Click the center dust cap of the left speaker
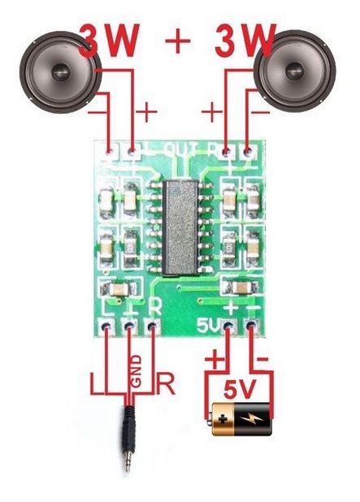[60, 72]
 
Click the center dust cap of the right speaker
[294, 71]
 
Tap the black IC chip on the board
[180, 227]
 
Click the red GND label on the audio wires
[137, 370]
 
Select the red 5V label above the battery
[240, 389]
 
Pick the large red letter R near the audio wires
[166, 383]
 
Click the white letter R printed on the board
[155, 307]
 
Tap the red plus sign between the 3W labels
[178, 41]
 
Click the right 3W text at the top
[245, 40]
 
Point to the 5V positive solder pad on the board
[228, 327]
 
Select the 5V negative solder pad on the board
[251, 327]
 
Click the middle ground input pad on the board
[128, 327]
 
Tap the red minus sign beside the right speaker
[261, 112]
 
